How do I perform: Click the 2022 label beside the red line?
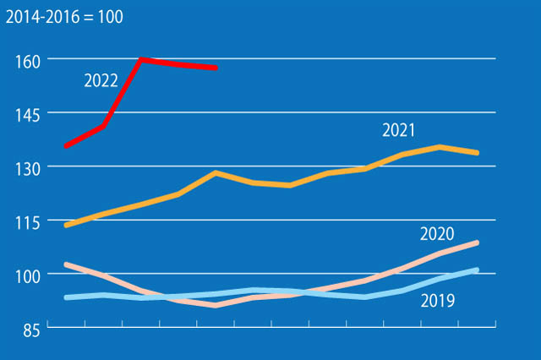(x=101, y=81)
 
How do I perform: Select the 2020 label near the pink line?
(x=437, y=234)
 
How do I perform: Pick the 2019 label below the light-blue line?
(x=437, y=300)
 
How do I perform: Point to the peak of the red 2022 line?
(x=141, y=59)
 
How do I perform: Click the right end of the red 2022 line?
(x=216, y=68)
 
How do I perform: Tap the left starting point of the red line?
(x=66, y=146)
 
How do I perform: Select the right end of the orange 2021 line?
(x=478, y=153)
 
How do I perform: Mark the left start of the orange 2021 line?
(x=66, y=226)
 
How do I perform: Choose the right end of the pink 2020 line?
(x=478, y=243)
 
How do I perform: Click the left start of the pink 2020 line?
(x=66, y=265)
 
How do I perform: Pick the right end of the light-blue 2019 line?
(x=478, y=270)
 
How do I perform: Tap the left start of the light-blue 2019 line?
(x=66, y=297)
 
